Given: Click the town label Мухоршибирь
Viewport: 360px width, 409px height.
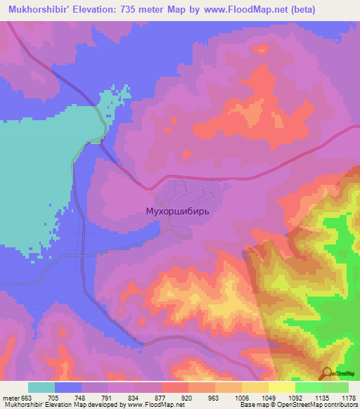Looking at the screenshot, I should tap(176, 210).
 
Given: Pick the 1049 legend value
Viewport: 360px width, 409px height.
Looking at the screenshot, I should tap(268, 397).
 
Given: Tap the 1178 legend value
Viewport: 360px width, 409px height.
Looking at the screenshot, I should tap(348, 397).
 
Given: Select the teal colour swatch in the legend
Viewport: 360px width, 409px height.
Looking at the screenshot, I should tap(41, 387).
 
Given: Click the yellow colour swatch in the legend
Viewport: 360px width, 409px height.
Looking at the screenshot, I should tap(281, 387).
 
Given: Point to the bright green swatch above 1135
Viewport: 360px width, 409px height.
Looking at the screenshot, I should tap(308, 387).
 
